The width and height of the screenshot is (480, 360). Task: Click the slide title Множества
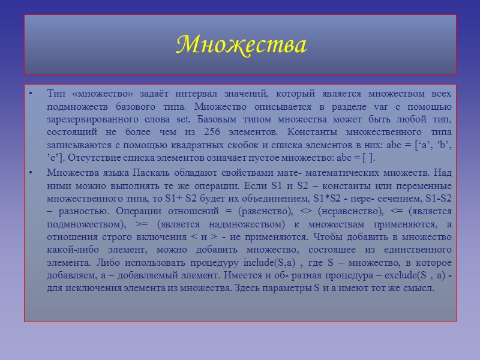click(242, 44)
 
